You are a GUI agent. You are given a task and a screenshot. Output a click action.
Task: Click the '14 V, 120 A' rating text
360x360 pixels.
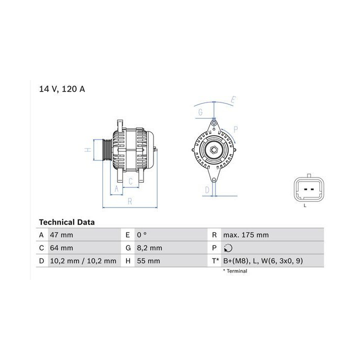pos(62,89)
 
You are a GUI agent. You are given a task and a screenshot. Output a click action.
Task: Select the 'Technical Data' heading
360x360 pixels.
pos(67,222)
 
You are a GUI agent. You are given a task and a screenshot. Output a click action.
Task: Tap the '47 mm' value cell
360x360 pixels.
pos(61,235)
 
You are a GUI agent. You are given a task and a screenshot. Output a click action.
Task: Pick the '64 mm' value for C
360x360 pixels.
pos(61,248)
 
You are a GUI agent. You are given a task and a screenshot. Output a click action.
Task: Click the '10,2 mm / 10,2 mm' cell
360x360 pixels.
pos(83,261)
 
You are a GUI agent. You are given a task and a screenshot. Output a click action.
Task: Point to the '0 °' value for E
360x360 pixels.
pos(141,235)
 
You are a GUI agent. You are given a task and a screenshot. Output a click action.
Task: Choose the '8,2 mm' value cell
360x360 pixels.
pos(149,248)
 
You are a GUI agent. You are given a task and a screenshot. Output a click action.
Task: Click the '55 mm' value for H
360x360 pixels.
pos(148,261)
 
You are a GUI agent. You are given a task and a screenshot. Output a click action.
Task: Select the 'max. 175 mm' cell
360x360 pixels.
pos(246,235)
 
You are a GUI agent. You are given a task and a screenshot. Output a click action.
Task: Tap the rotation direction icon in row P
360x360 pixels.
pos(228,248)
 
